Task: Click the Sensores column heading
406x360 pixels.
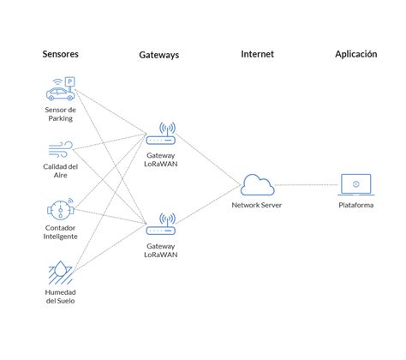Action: [60, 54]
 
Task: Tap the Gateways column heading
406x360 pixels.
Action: [159, 56]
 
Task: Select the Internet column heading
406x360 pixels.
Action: [257, 54]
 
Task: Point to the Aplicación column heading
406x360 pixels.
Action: [355, 54]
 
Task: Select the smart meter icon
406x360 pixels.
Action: [60, 208]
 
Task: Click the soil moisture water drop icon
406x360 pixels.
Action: [60, 273]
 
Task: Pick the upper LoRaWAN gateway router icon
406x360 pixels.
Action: [160, 135]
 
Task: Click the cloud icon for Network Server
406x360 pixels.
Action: [256, 185]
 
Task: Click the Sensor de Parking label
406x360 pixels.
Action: [60, 114]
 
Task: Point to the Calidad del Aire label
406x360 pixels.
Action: [60, 171]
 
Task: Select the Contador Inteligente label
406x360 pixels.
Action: [60, 233]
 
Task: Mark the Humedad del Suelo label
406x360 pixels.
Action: [60, 297]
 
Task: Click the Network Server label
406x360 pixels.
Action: [256, 206]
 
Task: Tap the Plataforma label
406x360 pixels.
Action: [355, 206]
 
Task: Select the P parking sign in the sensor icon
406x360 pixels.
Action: [70, 81]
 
